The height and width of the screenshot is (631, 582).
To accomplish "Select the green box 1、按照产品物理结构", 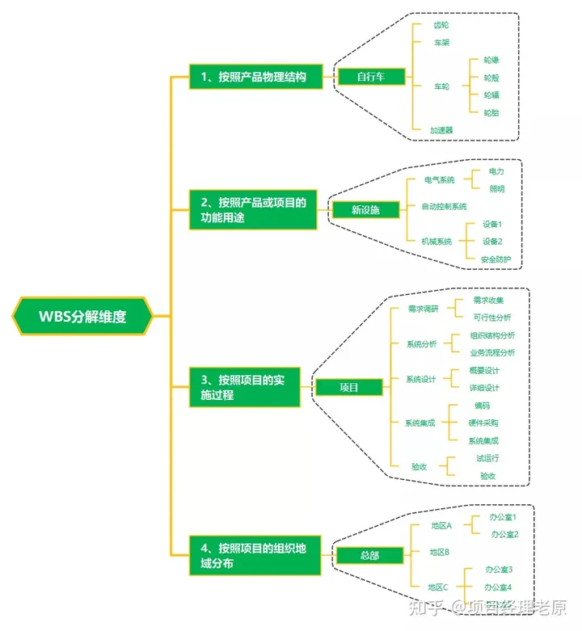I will (255, 77).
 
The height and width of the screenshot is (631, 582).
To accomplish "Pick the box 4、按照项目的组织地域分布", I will (255, 556).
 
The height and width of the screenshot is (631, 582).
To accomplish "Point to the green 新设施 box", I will (365, 209).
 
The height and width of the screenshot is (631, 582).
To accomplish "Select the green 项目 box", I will (348, 387).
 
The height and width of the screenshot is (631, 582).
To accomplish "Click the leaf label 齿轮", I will (441, 25).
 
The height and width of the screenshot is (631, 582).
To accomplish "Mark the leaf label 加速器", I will (441, 129).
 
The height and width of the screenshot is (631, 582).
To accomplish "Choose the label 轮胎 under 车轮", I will (491, 112).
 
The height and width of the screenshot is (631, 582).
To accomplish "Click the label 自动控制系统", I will (445, 206).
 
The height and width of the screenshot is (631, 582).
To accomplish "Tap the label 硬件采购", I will (483, 423).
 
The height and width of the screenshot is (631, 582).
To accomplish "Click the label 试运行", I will (487, 458).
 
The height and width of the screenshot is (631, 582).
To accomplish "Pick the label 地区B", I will (441, 552).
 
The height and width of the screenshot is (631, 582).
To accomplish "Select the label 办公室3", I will (498, 570).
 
